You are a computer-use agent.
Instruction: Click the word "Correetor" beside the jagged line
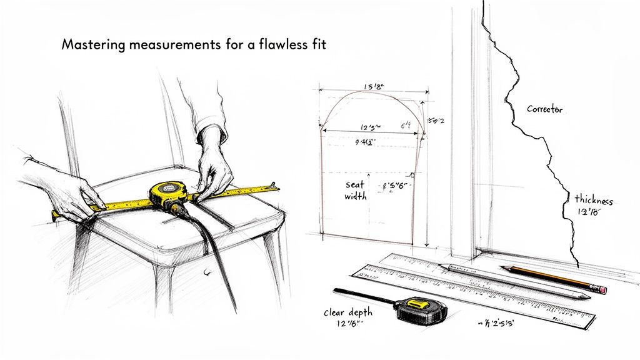point(544,109)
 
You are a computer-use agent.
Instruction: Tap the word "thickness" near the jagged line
point(594,201)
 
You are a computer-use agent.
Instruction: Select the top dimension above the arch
point(373,87)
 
